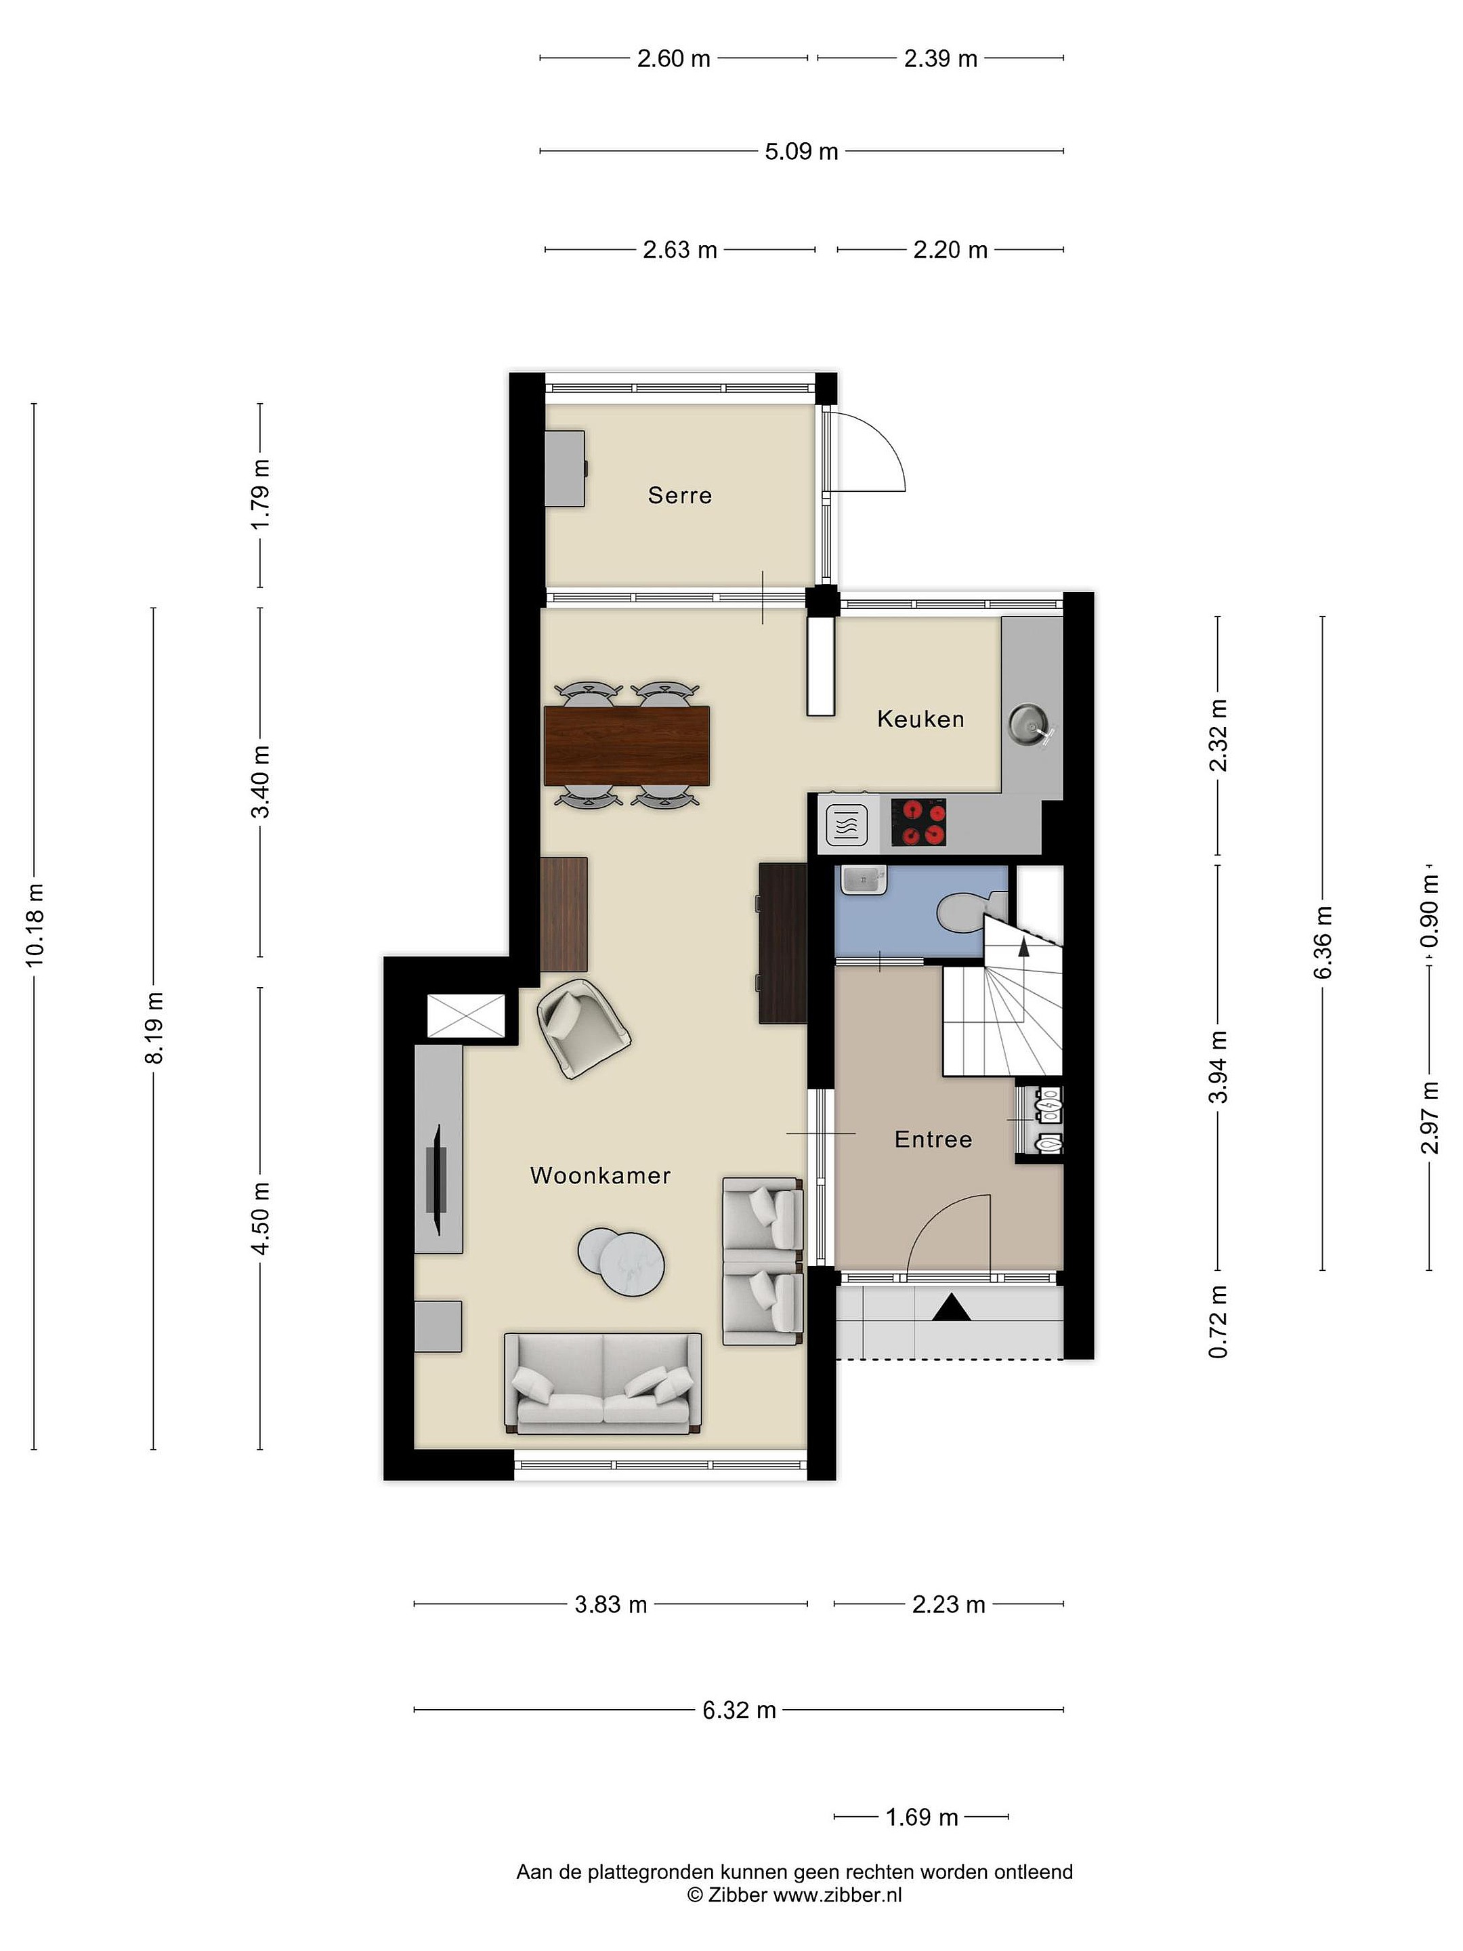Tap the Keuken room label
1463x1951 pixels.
point(920,719)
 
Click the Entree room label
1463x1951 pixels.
point(933,1139)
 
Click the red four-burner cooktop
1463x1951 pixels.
point(919,822)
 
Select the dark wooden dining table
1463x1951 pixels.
point(627,745)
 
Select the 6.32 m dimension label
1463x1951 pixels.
point(739,1711)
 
